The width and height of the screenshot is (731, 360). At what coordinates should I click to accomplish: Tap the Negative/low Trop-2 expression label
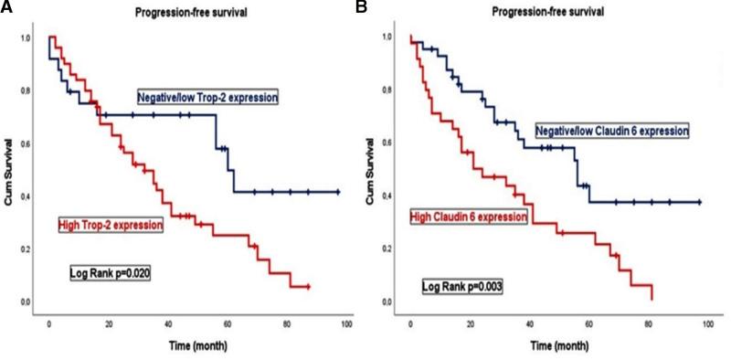coord(207,97)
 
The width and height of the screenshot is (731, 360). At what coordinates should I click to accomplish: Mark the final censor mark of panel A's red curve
coord(309,287)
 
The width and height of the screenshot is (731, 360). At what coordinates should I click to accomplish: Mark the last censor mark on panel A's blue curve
coord(338,192)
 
